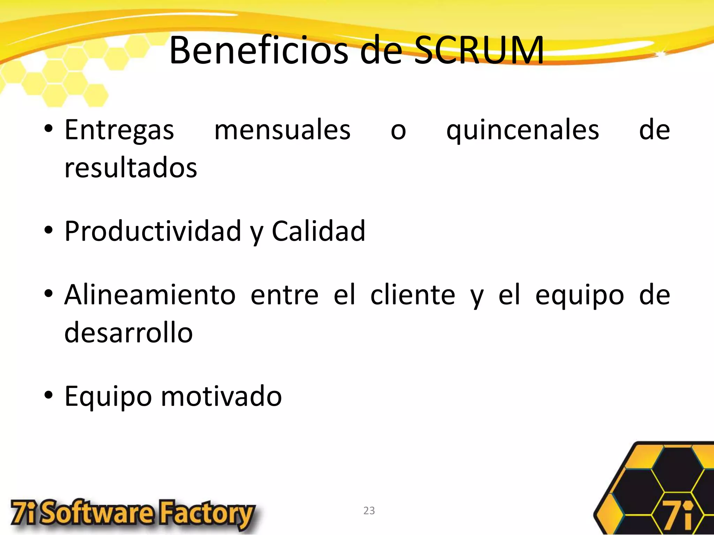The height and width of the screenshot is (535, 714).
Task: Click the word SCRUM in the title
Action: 478,51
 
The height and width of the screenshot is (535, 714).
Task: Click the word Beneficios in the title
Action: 258,51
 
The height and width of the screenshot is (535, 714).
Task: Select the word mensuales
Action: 282,130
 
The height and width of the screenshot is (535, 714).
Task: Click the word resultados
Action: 131,168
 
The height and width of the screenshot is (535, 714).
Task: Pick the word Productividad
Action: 153,231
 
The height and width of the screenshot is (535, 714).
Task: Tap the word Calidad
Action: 318,231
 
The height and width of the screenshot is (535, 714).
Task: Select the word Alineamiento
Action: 150,295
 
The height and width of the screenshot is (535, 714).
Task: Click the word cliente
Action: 412,295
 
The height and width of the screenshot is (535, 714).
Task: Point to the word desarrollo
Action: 128,333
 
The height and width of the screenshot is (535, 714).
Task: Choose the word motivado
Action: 221,396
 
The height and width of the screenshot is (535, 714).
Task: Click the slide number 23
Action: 369,511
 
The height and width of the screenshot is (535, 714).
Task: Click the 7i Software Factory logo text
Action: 132,514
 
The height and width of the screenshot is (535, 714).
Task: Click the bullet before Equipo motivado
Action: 48,396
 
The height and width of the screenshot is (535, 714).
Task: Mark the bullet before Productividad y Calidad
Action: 48,230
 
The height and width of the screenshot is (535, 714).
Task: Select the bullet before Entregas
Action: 48,129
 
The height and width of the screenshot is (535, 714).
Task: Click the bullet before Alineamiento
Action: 48,294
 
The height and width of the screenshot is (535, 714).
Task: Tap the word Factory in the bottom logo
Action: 206,514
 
